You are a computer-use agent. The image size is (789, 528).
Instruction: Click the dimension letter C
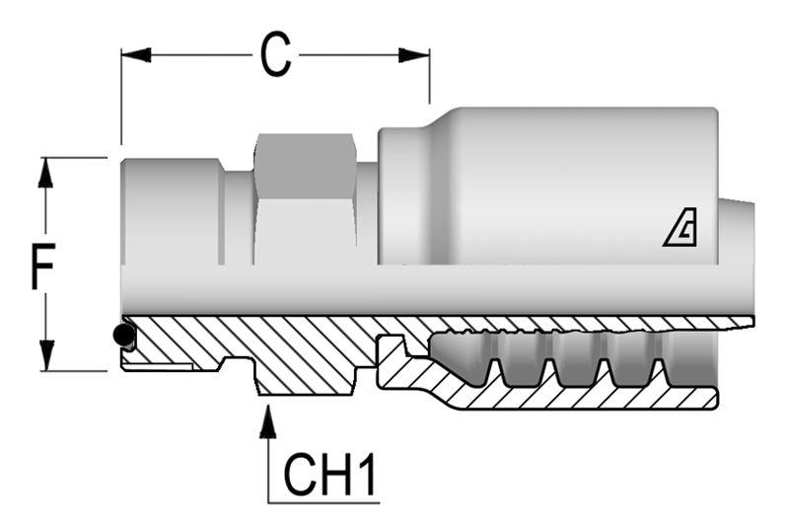[x=275, y=55]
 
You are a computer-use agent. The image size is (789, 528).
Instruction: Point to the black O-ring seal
[x=124, y=336]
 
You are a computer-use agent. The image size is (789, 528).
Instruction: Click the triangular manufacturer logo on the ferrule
[x=680, y=231]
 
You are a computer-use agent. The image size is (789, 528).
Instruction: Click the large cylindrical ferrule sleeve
[x=552, y=183]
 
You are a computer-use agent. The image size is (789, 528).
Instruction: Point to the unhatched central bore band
[x=434, y=291]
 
